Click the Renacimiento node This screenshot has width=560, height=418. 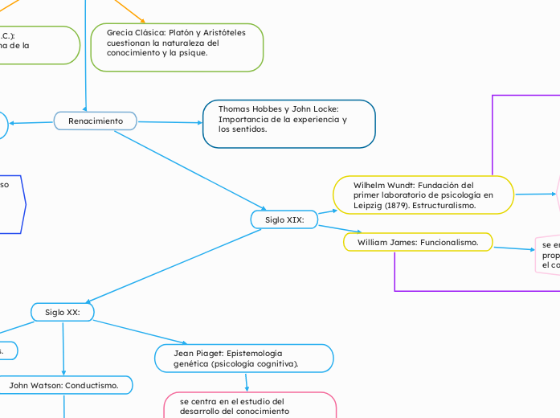(x=96, y=121)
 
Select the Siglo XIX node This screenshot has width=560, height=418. (x=284, y=219)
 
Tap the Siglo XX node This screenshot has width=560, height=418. (x=63, y=312)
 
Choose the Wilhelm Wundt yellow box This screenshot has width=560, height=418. (x=423, y=195)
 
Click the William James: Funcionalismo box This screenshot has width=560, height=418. (x=418, y=242)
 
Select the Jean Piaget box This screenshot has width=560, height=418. (x=243, y=359)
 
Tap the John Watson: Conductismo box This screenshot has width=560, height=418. (x=63, y=386)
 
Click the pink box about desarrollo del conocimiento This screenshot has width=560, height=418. (x=250, y=405)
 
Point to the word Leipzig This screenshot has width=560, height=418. (x=369, y=206)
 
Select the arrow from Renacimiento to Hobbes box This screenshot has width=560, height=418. (x=169, y=122)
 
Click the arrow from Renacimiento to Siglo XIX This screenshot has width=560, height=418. (x=189, y=171)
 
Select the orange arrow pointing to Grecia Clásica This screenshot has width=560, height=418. (x=129, y=10)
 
